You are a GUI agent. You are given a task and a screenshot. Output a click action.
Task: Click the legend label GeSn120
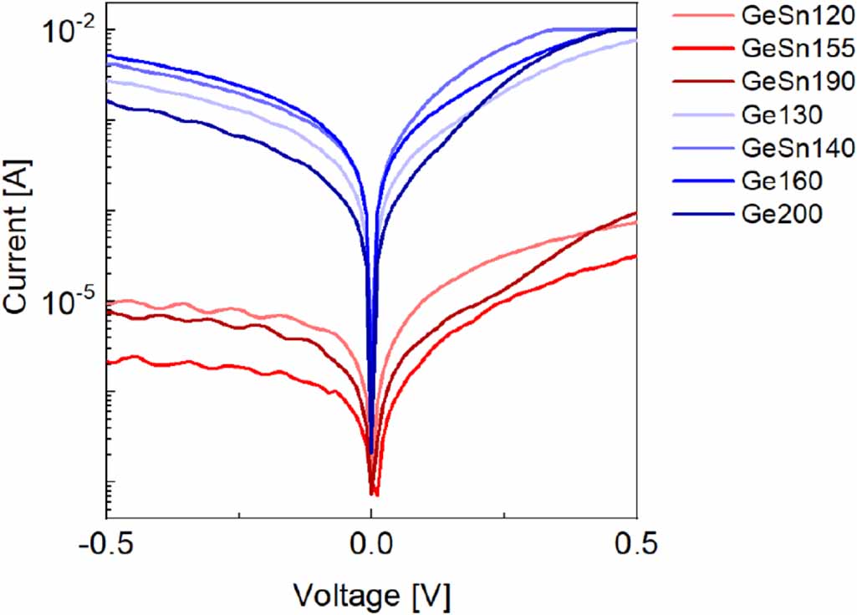pos(797,17)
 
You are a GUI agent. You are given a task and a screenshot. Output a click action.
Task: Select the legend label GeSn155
pos(797,49)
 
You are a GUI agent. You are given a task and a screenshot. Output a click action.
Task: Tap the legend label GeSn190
pos(797,82)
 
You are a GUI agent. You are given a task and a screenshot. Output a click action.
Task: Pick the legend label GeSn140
pos(797,148)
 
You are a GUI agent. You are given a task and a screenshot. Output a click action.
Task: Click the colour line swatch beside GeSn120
pos(701,17)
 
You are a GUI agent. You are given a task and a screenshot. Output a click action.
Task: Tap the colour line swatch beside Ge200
pos(701,213)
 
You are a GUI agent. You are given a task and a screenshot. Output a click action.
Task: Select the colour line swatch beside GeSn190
pos(701,82)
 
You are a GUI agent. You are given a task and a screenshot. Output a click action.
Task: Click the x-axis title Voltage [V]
pos(371,595)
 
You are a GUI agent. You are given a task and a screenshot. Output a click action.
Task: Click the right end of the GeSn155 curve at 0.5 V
pos(636,256)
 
